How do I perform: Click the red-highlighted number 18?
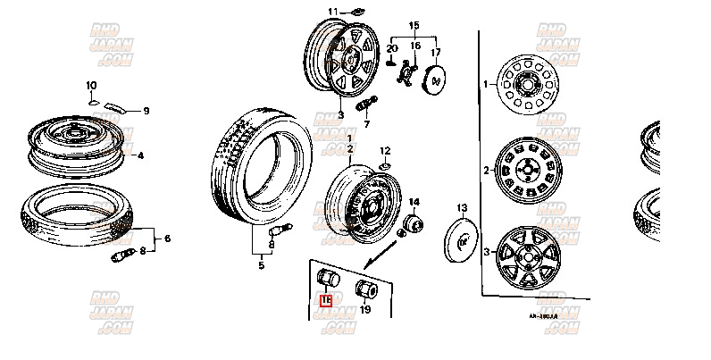coord(327,300)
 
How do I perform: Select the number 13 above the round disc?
coord(461,208)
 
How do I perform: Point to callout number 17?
coord(436,54)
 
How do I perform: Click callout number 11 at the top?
coord(332,12)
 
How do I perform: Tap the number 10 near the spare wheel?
coord(90,86)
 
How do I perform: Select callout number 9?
coord(146,111)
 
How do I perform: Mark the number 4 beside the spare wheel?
coord(140,155)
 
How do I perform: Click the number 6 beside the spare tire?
coord(166,238)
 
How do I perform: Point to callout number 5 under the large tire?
coord(261,265)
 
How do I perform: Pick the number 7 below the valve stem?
coord(365,124)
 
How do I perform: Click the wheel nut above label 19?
coord(366,289)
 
